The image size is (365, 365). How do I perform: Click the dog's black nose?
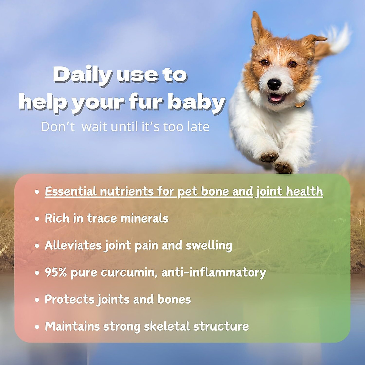point(274,84)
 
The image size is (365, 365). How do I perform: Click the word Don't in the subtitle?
point(57,127)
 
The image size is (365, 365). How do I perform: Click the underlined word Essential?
point(71,192)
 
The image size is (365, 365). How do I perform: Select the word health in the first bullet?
point(304,192)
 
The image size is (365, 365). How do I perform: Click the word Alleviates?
point(73,245)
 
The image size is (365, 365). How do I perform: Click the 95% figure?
point(56,272)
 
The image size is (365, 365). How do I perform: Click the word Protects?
point(70,299)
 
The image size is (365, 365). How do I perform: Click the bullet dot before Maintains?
point(37,327)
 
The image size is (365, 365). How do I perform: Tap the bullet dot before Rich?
point(37,219)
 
